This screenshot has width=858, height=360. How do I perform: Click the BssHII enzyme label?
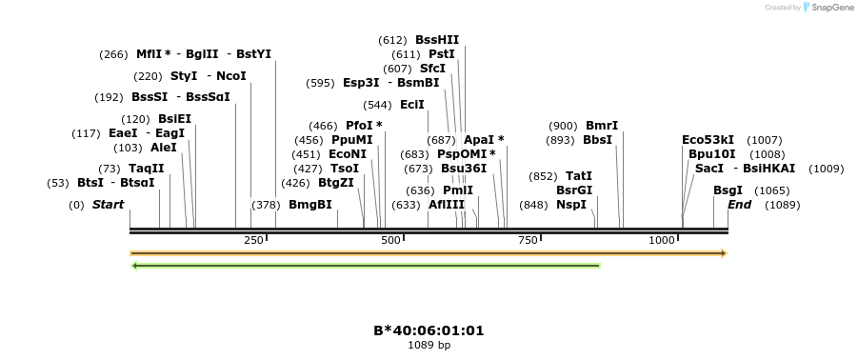coord(437,40)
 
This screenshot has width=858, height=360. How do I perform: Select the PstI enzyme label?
coord(442,54)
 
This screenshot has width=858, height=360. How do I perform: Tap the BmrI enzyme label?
coord(602,126)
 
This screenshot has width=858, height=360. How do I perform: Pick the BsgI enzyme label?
coord(728,190)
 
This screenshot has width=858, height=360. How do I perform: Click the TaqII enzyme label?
coord(147,169)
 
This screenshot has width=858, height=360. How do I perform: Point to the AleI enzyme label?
coord(164,148)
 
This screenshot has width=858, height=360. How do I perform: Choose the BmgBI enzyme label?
coord(310,205)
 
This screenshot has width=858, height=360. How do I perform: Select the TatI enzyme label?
coord(579,176)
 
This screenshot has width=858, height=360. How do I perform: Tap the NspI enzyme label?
coord(571,205)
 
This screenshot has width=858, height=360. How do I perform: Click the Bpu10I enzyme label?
coord(712,154)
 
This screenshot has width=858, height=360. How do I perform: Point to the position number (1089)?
coord(783,205)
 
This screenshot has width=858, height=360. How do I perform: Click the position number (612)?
coord(392,40)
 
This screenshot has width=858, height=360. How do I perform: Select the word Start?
coord(108,205)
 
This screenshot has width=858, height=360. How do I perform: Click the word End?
coord(740,205)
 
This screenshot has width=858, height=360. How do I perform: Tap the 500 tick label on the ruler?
coord(390,241)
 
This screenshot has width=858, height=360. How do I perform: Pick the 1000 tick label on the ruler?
coord(662,241)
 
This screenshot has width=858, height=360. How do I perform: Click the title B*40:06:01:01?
coord(429,330)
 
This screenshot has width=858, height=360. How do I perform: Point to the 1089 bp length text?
coord(429,345)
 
